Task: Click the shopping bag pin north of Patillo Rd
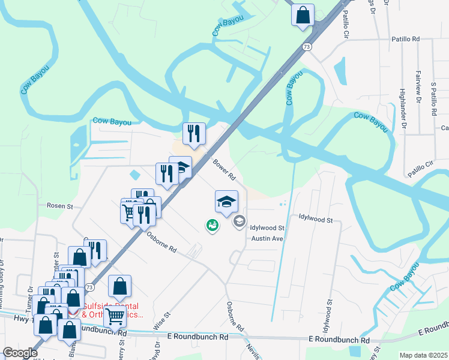click(x=303, y=14)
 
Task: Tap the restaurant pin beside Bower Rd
click(x=194, y=134)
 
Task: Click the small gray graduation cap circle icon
click(x=240, y=223)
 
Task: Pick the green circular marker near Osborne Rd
click(x=212, y=226)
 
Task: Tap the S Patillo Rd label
click(x=433, y=100)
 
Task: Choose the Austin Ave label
click(x=267, y=238)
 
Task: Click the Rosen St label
click(x=59, y=206)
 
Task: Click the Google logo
click(x=20, y=353)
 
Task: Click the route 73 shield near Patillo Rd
click(x=307, y=46)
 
